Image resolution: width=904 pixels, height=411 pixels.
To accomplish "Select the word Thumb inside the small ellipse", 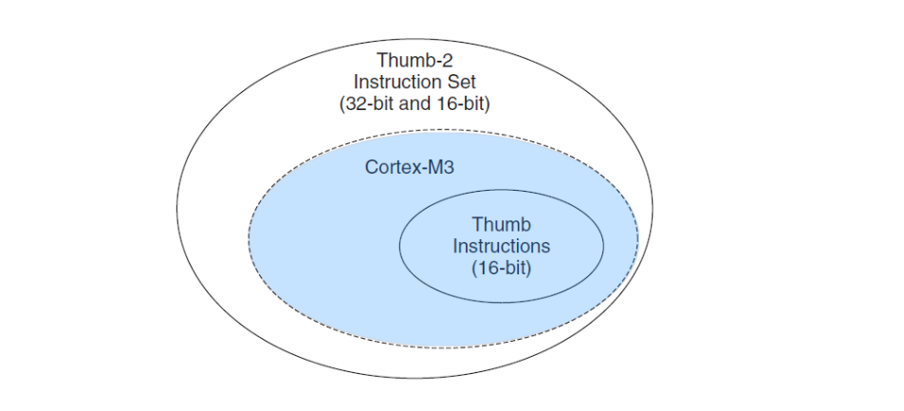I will point(501,226).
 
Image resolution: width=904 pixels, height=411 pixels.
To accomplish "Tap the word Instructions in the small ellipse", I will point(501,247).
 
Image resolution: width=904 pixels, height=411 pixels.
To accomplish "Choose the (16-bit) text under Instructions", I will point(501,269).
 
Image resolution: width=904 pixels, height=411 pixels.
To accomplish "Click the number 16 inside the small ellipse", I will point(488,269).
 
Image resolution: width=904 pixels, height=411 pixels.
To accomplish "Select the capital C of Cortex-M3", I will point(371,167).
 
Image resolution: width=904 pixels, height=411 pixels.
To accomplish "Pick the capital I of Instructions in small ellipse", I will point(455,247).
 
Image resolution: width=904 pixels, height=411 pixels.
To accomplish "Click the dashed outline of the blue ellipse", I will point(250,237).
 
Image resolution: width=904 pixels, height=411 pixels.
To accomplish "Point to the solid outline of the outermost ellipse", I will point(176,204).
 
